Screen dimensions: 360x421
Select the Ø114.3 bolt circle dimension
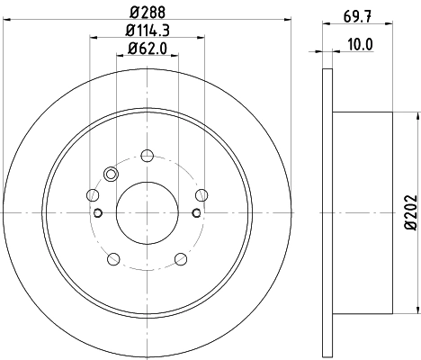tap(148, 31)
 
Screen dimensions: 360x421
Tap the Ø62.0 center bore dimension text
tap(148, 49)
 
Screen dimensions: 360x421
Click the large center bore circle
tap(148, 212)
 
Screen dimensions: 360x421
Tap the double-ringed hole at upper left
tap(112, 175)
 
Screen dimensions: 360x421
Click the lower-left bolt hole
tap(112, 260)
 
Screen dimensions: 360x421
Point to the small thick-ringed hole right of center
tap(197, 212)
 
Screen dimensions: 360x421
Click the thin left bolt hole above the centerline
tap(92, 193)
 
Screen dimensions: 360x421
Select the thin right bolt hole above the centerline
tap(203, 193)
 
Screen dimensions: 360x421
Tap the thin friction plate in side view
tap(327, 212)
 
